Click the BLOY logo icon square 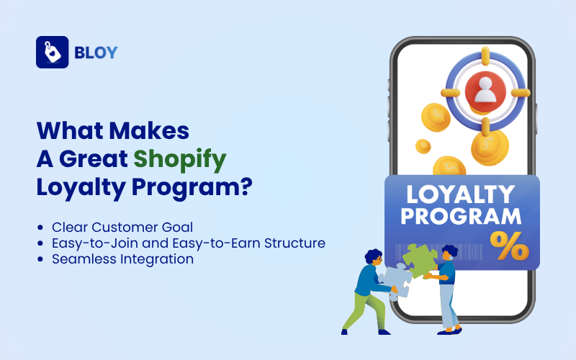(x=52, y=52)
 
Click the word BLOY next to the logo (x=96, y=53)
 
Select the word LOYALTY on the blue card (x=460, y=194)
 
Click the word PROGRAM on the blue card (x=462, y=216)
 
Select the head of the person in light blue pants (x=449, y=253)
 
